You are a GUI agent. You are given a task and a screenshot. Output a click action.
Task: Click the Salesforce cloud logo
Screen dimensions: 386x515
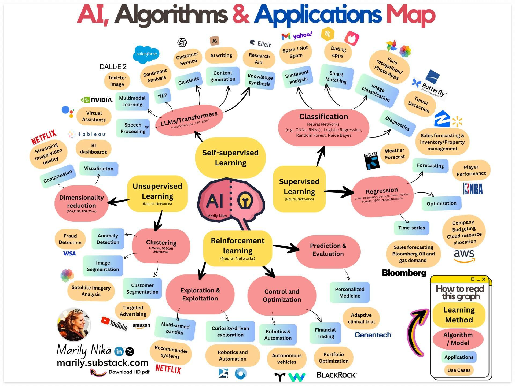pyautogui.click(x=146, y=54)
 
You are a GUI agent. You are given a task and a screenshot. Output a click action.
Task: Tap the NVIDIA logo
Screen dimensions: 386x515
pyautogui.click(x=97, y=100)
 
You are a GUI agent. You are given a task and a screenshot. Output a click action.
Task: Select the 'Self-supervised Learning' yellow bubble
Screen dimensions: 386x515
pyautogui.click(x=230, y=158)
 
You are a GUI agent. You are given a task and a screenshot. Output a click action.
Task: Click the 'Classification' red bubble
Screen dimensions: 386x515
pyautogui.click(x=323, y=126)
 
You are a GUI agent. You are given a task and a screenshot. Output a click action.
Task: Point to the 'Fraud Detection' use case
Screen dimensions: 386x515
pyautogui.click(x=70, y=239)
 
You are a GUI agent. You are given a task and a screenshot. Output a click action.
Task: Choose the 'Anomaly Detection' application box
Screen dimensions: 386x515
pyautogui.click(x=108, y=239)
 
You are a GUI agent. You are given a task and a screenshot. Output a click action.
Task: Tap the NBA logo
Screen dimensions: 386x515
pyautogui.click(x=473, y=189)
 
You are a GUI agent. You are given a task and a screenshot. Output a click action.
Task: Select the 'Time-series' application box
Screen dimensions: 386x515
pyautogui.click(x=411, y=228)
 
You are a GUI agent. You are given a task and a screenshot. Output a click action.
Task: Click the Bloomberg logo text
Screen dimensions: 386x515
pyautogui.click(x=404, y=273)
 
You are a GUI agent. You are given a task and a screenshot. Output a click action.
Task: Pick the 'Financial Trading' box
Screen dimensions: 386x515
pyautogui.click(x=325, y=333)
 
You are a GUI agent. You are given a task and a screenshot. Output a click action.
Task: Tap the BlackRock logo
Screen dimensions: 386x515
pyautogui.click(x=337, y=375)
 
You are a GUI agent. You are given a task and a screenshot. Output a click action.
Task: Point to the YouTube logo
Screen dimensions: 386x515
pyautogui.click(x=114, y=323)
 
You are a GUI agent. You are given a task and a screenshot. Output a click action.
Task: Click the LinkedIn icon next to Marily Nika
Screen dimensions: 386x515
pyautogui.click(x=119, y=351)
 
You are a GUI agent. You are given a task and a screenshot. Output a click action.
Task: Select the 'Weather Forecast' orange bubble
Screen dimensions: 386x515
pyautogui.click(x=395, y=154)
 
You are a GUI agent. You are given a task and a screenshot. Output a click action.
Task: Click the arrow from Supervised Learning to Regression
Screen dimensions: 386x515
pyautogui.click(x=339, y=192)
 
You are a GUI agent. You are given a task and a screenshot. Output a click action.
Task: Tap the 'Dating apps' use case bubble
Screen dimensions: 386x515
pyautogui.click(x=338, y=52)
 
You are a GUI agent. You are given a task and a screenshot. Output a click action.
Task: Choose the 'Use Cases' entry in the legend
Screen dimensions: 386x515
pyautogui.click(x=459, y=370)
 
